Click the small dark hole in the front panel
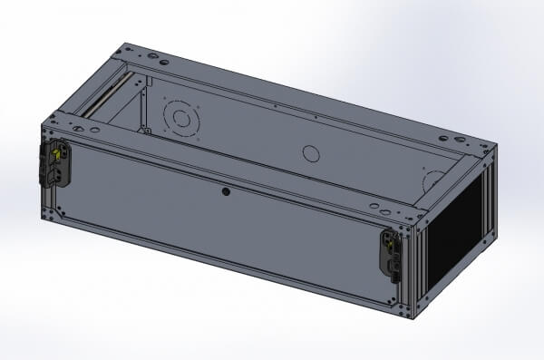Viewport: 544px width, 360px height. click(225, 191)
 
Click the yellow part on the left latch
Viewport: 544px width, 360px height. click(55, 157)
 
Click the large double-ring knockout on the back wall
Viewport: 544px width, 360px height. click(180, 118)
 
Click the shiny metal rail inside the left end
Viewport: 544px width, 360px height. click(102, 98)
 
